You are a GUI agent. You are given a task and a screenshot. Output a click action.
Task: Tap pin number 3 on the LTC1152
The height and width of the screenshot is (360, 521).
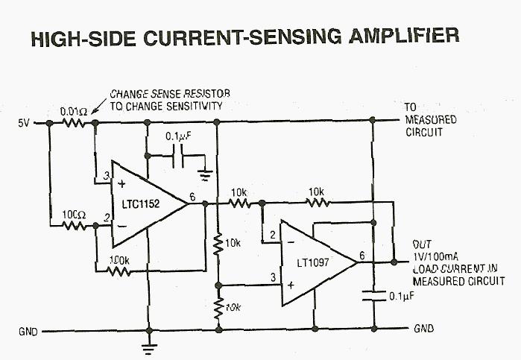[x=106, y=175]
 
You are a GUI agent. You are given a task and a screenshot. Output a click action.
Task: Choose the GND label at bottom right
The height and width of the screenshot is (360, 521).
[x=422, y=329]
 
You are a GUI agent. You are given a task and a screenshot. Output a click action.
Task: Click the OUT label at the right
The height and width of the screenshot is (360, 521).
[x=423, y=244]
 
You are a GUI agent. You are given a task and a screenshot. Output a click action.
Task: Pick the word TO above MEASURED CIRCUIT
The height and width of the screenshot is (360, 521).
[x=411, y=107]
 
